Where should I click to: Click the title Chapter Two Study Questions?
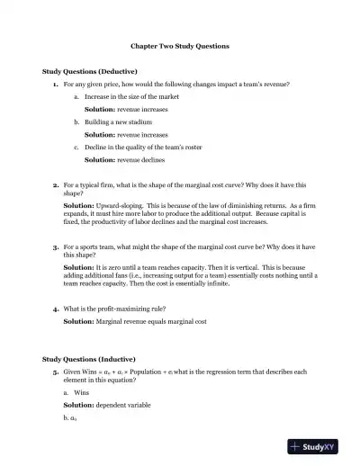coord(179,45)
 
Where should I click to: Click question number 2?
coord(56,183)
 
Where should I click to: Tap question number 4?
coord(56,308)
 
